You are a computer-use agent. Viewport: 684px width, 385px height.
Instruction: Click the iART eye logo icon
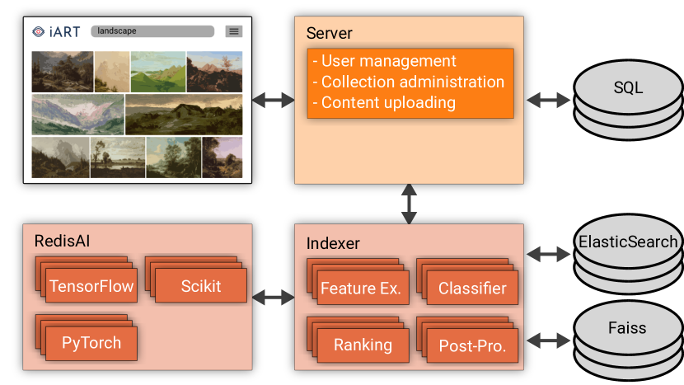click(39, 31)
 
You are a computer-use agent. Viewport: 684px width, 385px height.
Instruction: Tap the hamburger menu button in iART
click(234, 31)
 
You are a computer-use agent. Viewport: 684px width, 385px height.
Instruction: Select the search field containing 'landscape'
click(152, 31)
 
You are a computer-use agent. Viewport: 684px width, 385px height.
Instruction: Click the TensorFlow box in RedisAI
click(91, 285)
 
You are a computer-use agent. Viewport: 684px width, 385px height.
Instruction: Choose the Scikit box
click(200, 285)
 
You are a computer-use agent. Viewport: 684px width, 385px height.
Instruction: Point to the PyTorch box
click(91, 343)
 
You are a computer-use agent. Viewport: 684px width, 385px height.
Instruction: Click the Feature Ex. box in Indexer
click(363, 288)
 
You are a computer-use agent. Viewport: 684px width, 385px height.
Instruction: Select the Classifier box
click(472, 288)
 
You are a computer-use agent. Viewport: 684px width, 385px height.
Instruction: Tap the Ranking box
click(363, 345)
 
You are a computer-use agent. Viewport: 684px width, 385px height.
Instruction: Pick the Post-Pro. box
click(472, 345)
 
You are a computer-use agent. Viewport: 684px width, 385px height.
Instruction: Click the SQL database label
click(628, 87)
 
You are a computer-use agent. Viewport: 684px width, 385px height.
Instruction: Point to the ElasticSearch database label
click(628, 242)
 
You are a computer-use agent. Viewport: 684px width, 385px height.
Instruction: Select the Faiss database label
click(627, 328)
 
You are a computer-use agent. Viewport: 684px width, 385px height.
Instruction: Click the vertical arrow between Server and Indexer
click(409, 204)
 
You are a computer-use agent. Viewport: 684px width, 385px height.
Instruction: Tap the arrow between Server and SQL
click(548, 100)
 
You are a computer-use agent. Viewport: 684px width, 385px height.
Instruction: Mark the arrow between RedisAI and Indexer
click(274, 298)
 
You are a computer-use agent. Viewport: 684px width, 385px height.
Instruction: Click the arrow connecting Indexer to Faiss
click(548, 340)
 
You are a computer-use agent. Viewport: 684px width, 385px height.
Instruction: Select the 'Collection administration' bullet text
click(408, 82)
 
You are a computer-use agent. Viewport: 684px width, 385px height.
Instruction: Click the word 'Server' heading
click(330, 33)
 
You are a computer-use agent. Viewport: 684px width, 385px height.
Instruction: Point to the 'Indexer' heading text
click(333, 243)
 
